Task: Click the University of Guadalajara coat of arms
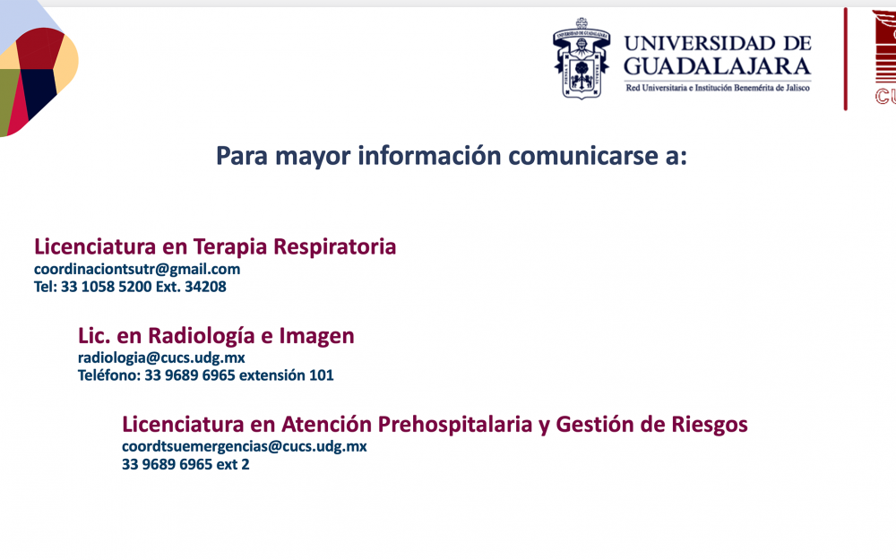(x=582, y=58)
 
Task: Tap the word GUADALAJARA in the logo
(x=717, y=67)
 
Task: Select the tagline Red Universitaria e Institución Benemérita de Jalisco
(x=718, y=88)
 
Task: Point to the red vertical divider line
(x=845, y=59)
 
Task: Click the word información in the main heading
(x=429, y=155)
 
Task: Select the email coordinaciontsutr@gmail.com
(x=137, y=269)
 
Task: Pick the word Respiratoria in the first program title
(x=334, y=247)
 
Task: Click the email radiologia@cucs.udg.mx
(x=161, y=358)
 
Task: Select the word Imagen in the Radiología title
(x=316, y=336)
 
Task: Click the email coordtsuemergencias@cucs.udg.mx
(x=244, y=446)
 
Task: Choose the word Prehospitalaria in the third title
(x=455, y=425)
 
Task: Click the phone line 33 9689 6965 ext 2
(x=185, y=464)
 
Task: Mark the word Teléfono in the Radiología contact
(x=109, y=375)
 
